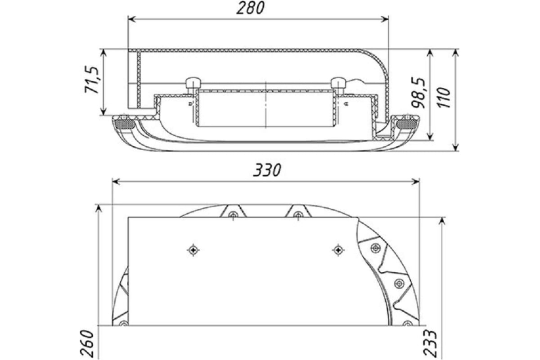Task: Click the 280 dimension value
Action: tap(250, 8)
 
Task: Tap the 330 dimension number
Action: tap(267, 170)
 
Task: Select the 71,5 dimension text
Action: tap(92, 79)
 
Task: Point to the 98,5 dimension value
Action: tap(418, 93)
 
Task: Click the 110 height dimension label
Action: tap(444, 98)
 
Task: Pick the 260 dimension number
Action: tap(86, 344)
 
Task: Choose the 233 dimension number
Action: tap(430, 343)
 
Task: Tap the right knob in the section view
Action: tap(338, 83)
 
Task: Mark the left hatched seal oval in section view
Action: tap(125, 124)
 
